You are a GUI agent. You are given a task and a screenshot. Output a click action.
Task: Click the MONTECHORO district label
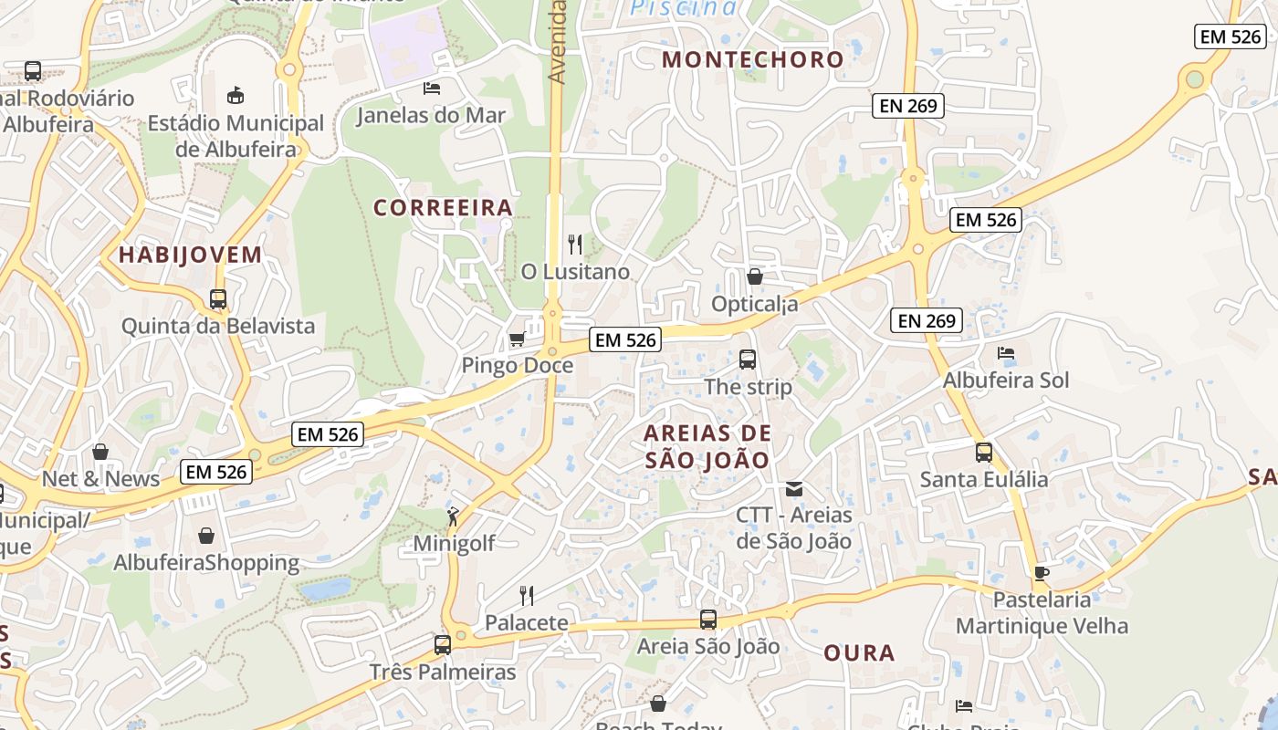click(752, 60)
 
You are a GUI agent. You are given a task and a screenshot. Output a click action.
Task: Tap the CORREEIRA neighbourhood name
click(443, 208)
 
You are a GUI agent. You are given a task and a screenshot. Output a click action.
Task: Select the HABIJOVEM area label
click(190, 255)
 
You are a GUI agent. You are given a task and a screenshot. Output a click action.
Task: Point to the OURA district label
click(859, 653)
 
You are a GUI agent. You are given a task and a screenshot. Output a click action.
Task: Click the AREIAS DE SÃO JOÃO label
click(707, 446)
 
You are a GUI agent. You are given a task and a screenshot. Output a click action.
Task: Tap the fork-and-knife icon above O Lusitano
click(575, 245)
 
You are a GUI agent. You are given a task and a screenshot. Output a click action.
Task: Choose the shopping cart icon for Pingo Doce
click(517, 339)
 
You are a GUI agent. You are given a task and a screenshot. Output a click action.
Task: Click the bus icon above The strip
click(748, 360)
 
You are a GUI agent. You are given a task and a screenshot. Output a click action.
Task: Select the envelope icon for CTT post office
click(794, 489)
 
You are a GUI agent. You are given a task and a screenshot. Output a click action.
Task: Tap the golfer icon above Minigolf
click(453, 517)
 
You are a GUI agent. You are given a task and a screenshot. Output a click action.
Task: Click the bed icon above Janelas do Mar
click(432, 89)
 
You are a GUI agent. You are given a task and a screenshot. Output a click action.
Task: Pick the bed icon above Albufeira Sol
click(1006, 353)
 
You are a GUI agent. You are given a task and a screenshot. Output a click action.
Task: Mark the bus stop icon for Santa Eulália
click(984, 453)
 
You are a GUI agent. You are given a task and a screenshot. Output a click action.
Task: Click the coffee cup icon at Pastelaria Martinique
click(1042, 573)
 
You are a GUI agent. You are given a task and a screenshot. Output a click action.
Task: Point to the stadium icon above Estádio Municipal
click(236, 96)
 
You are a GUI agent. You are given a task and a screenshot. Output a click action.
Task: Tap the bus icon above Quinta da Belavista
click(218, 299)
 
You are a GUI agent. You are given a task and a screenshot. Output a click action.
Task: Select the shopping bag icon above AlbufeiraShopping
click(206, 536)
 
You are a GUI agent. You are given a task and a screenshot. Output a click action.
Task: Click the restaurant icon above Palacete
click(527, 596)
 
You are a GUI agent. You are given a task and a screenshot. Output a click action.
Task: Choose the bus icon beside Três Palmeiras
click(443, 645)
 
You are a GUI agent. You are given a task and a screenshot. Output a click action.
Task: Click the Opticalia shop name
click(754, 304)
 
